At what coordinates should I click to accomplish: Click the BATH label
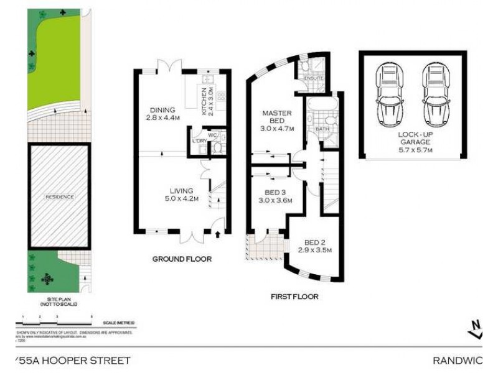(x=322, y=129)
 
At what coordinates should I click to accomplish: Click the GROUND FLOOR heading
(x=182, y=259)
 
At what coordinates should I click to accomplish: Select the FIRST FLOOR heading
(x=294, y=297)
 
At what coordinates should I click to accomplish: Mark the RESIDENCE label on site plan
(x=59, y=197)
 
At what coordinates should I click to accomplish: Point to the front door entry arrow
(x=217, y=234)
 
